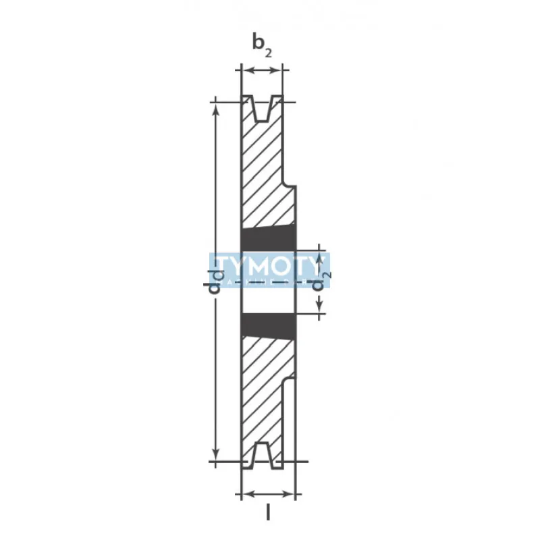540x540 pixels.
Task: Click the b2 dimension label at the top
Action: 263,44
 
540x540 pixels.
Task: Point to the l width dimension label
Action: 268,513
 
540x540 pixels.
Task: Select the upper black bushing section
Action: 269,238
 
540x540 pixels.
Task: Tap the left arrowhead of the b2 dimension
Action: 245,70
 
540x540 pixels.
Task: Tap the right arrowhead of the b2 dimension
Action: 279,70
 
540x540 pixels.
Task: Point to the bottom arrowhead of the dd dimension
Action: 215,457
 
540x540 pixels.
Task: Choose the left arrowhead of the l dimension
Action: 245,493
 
